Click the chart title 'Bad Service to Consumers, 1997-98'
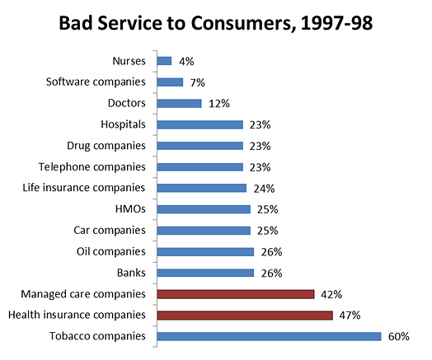tap(216, 23)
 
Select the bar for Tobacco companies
tap(269, 336)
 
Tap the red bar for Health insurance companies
tap(245, 316)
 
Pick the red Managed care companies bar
tap(236, 294)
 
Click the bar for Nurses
tap(165, 61)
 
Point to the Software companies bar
tap(170, 82)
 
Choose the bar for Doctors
tap(180, 104)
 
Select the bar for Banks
tap(205, 273)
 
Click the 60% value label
tap(399, 337)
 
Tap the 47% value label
tap(350, 316)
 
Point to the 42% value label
tap(331, 294)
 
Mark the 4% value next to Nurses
tap(186, 62)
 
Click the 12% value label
tap(219, 104)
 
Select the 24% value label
tap(264, 189)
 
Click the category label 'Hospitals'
tap(123, 124)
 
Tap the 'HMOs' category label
tap(130, 209)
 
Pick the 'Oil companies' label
tap(111, 251)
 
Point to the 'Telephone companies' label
tap(92, 166)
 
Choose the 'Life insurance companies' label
tap(84, 188)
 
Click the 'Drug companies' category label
tap(106, 146)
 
